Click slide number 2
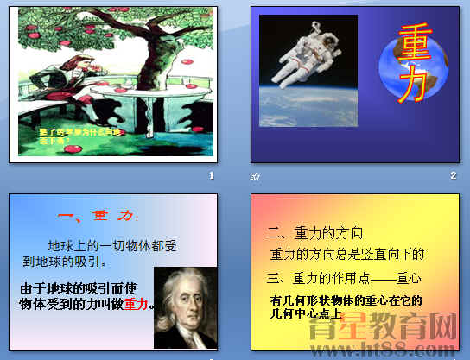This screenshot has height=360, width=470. pos(453,176)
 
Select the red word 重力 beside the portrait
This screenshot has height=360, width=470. pos(137,304)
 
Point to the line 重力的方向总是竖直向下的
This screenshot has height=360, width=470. pos(346,254)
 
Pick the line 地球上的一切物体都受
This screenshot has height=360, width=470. pos(112,247)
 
